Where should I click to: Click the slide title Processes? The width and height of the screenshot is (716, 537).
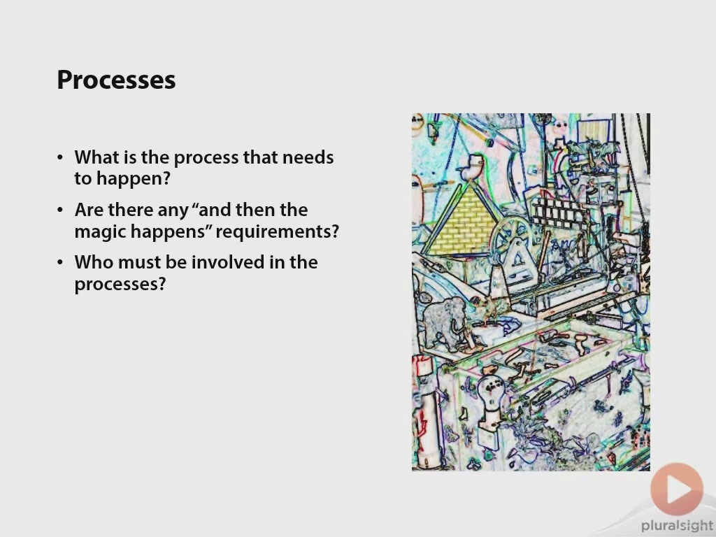click(116, 80)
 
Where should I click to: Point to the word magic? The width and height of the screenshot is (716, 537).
click(100, 232)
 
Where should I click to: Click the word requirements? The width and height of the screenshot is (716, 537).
click(277, 232)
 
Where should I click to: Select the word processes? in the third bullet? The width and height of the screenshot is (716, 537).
click(120, 285)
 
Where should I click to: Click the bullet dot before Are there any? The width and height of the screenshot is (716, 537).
click(61, 210)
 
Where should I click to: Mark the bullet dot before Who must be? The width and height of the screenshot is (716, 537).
click(61, 263)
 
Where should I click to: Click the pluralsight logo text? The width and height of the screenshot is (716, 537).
click(677, 526)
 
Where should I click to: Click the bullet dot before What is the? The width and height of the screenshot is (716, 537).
click(61, 157)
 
